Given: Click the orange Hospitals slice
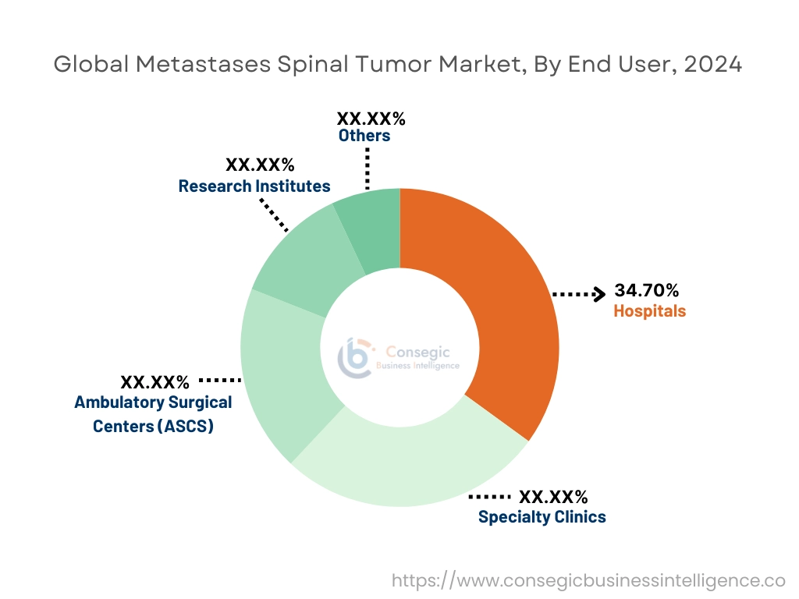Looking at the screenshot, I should click(x=499, y=312).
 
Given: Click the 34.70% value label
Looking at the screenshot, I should click(x=646, y=291).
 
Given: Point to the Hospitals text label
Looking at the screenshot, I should click(x=649, y=311).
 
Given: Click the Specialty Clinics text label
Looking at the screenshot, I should click(x=542, y=516).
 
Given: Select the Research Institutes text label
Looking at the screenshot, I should click(x=254, y=186).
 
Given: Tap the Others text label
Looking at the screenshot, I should click(x=364, y=136).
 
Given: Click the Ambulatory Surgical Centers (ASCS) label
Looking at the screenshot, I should click(x=153, y=414).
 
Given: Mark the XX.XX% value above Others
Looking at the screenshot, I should click(x=371, y=119).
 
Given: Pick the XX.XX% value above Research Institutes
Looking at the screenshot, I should click(x=260, y=165).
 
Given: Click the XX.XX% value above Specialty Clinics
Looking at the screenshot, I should click(x=553, y=497).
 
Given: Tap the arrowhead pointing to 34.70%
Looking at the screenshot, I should click(x=599, y=294).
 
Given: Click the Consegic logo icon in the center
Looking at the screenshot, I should click(x=355, y=357).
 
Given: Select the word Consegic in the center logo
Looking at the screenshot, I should click(x=422, y=353).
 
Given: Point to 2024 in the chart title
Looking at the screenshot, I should click(x=712, y=65).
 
